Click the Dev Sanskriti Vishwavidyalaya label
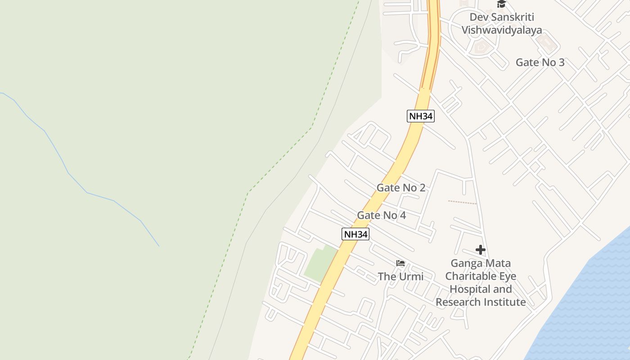pos(502,23)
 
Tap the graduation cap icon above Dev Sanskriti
pos(501,4)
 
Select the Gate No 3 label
pos(540,63)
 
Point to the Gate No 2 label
pos(400,188)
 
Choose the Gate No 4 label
pos(381,216)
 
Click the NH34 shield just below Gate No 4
pos(355,234)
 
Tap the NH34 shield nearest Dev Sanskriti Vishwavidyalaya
pos(421,116)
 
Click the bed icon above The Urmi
pos(400,263)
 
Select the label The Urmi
pos(400,276)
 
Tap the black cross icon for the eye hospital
pos(480,250)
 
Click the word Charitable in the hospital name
pos(481,276)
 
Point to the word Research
pos(458,302)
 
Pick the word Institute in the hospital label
pos(504,302)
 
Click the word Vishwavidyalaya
pos(502,30)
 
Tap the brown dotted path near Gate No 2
pos(462,202)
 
